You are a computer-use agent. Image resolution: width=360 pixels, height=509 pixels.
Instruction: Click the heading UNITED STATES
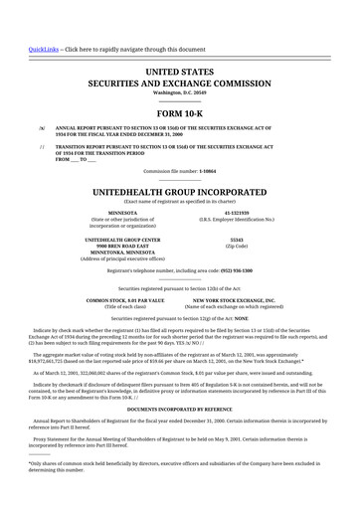pos(180,74)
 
